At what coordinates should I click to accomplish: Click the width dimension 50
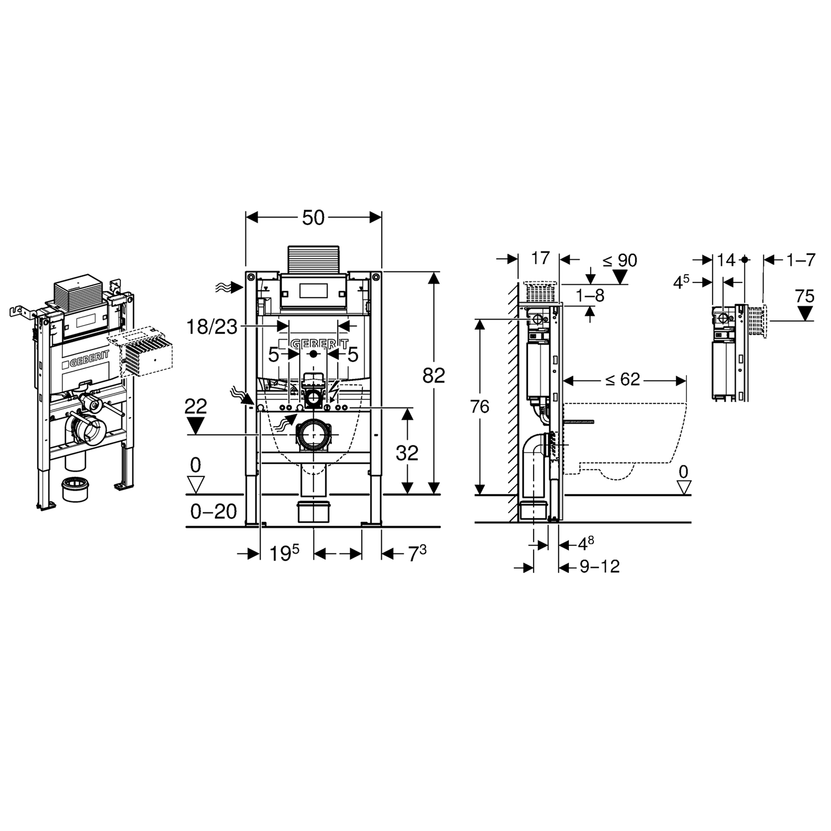(313, 218)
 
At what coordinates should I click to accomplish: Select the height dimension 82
(433, 376)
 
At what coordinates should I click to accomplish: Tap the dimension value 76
(480, 407)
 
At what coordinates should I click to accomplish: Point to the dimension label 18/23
(212, 327)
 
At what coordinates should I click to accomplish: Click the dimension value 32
(407, 453)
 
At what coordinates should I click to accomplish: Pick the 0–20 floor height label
(213, 511)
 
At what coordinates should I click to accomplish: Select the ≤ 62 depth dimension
(622, 379)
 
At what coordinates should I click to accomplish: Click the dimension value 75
(804, 296)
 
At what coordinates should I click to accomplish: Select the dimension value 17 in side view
(540, 258)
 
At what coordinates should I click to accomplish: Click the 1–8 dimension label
(590, 296)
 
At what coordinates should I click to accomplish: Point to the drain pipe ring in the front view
(314, 435)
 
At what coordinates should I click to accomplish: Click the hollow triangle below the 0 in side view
(684, 487)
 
